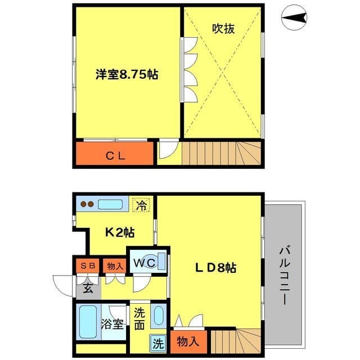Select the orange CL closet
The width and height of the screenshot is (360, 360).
[x=115, y=155]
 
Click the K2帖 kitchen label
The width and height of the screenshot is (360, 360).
[x=120, y=231]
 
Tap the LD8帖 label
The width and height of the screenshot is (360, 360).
[x=215, y=269]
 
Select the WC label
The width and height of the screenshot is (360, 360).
[x=143, y=262]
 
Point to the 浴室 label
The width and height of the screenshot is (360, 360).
[x=112, y=325]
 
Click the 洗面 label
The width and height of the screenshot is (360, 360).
[x=139, y=318]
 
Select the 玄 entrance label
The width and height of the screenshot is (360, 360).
[x=88, y=289]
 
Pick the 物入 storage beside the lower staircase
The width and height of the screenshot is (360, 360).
[x=187, y=341]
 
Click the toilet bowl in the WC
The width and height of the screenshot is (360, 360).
[x=160, y=262]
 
